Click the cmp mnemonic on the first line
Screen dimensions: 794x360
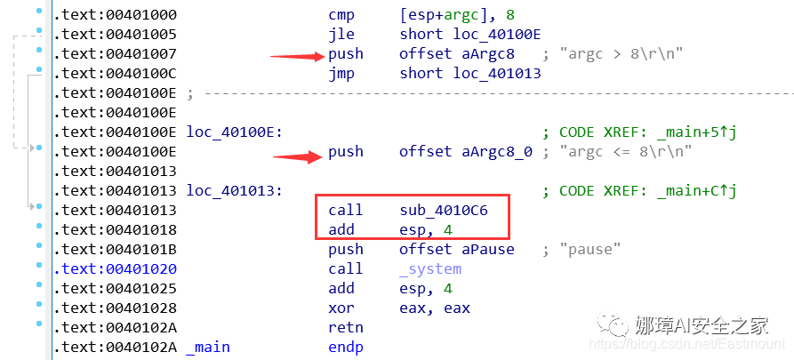point(341,14)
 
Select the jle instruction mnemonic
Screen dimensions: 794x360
point(341,34)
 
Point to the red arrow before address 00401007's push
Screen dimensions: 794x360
point(297,56)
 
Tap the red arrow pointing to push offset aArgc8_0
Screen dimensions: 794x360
point(297,158)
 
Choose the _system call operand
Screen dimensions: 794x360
point(430,268)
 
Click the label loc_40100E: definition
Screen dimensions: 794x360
point(234,132)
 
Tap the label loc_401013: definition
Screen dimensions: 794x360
point(234,190)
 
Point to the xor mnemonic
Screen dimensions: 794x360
point(341,308)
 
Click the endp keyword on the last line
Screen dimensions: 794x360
point(346,347)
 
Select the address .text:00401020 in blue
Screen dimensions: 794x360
point(116,268)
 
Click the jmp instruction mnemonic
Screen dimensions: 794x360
point(341,73)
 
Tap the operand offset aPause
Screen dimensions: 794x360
point(456,249)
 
